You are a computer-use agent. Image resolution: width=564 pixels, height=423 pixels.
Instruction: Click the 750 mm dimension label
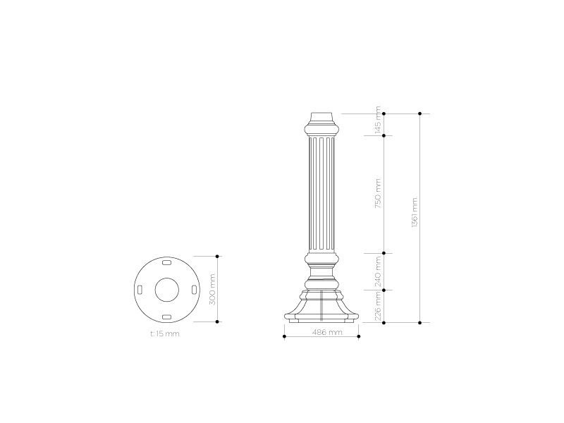[x=378, y=194]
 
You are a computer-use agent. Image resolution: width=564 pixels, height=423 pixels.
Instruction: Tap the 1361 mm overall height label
[x=415, y=211]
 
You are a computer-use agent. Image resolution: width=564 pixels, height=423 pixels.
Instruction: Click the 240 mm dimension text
[x=378, y=271]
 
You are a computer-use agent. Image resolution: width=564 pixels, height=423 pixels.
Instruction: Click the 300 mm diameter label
[x=211, y=289]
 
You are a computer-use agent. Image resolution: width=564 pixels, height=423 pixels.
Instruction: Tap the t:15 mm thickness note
[x=166, y=334]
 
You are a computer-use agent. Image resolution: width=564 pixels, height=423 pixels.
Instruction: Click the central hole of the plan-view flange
[x=166, y=289]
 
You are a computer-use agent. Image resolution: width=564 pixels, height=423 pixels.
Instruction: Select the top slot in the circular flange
[x=166, y=262]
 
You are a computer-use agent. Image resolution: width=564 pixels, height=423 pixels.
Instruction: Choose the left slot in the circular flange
[x=140, y=290]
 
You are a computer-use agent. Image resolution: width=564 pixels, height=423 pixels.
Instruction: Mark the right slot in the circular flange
[x=193, y=290]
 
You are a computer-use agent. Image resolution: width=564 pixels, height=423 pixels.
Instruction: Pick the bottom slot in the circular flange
[x=166, y=317]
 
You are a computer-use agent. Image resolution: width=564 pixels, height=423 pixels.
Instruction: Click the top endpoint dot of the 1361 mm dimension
[x=420, y=113]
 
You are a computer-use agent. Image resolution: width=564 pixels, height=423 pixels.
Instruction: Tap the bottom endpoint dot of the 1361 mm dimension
[x=420, y=322]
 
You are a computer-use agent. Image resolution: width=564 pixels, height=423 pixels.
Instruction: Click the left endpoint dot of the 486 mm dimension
[x=284, y=337]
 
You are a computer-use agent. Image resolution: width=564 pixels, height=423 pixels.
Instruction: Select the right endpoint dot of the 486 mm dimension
[x=359, y=337]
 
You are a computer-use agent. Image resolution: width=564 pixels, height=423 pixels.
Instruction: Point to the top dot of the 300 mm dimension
[x=217, y=256]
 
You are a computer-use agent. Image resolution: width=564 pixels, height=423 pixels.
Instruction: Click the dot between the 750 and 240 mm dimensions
[x=383, y=254]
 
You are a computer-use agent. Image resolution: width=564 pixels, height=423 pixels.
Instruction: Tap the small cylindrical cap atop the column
[x=321, y=117]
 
